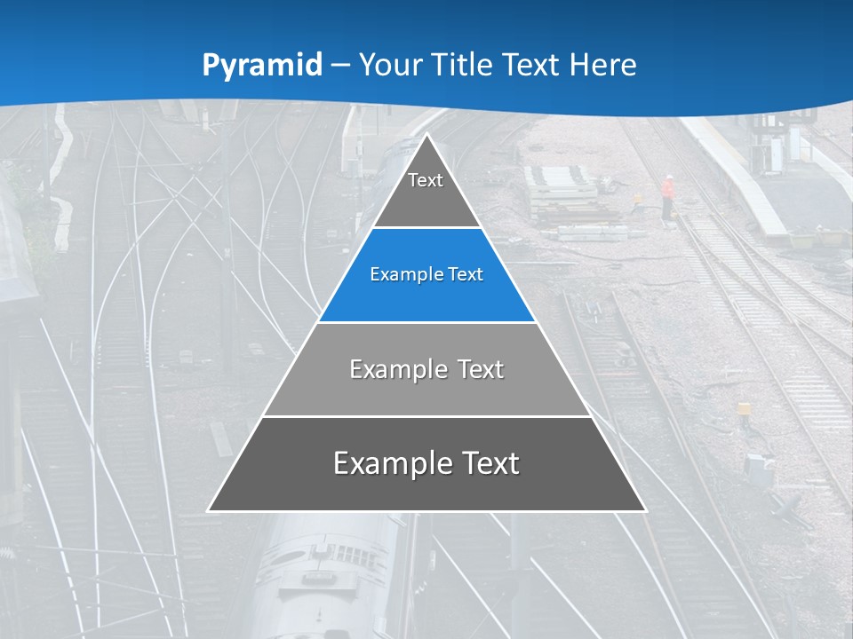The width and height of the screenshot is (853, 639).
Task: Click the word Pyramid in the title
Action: (x=262, y=66)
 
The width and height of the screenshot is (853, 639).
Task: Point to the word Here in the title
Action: (x=603, y=65)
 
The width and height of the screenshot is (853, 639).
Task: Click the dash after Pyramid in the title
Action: (x=340, y=66)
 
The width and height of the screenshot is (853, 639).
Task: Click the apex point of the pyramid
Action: (x=426, y=135)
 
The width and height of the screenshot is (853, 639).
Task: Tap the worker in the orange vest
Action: (x=667, y=193)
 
